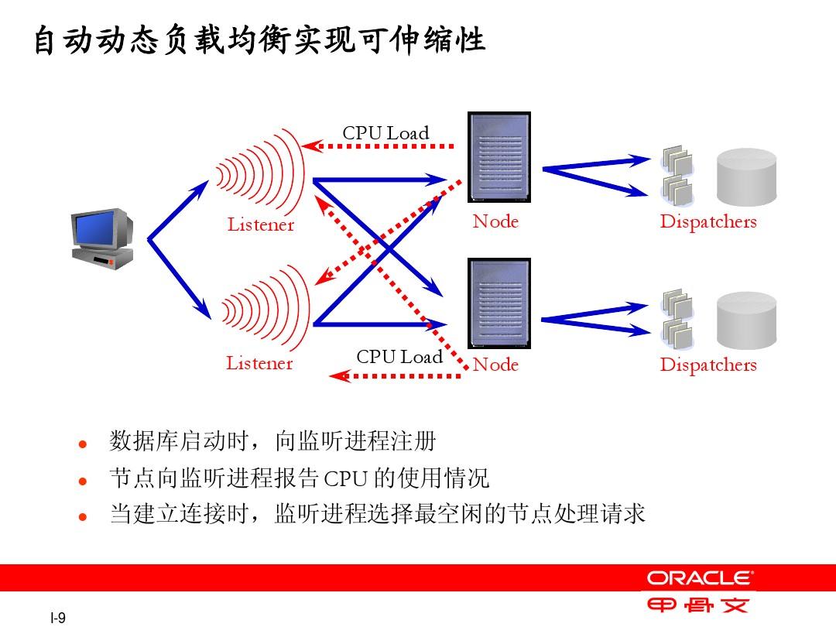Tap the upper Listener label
261,224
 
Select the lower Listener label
259,363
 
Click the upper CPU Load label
385,133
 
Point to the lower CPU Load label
399,357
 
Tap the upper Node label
495,221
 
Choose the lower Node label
495,365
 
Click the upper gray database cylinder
746,176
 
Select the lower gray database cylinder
746,320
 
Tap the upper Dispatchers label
708,221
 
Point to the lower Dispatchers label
708,365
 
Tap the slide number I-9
57,618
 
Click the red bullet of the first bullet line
82,445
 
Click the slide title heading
259,40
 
